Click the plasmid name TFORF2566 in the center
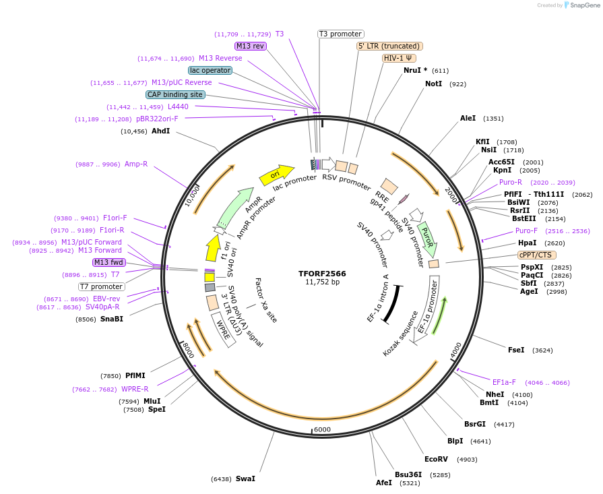pos(322,274)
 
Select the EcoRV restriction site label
pos(436,459)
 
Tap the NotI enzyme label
pos(433,84)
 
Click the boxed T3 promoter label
pos(340,34)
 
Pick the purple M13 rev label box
pos(250,46)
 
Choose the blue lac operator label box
pos(210,70)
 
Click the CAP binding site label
pos(174,95)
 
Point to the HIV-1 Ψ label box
pos(398,58)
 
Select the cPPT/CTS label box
pos(536,255)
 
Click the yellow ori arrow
pos(276,175)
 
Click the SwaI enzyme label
pos(245,478)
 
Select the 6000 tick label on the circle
pos(322,429)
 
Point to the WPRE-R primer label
pos(135,389)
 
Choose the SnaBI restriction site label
pos(112,319)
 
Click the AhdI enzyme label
pos(160,131)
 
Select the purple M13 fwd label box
pos(109,262)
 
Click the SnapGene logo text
pos(583,5)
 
